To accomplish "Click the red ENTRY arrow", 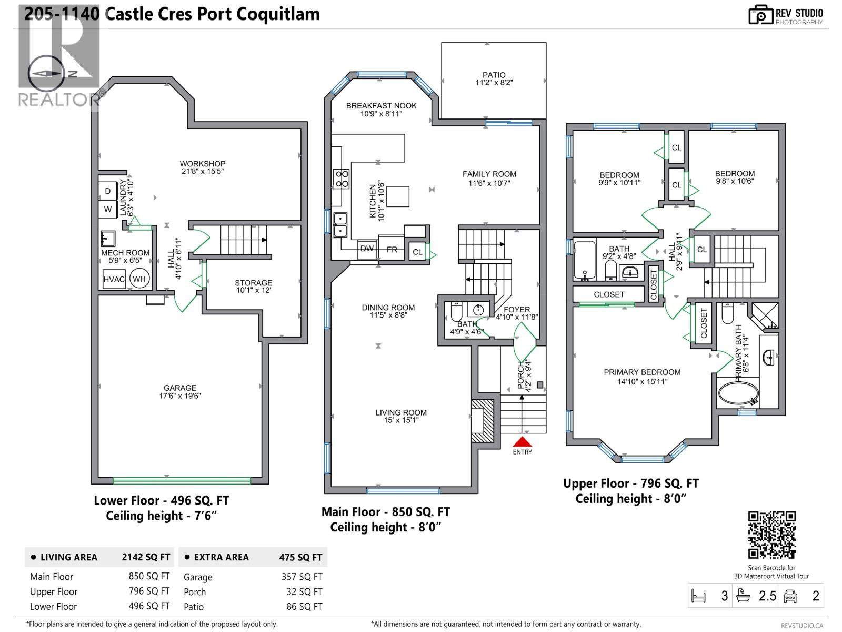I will pyautogui.click(x=522, y=441).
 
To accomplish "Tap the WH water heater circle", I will pyautogui.click(x=139, y=279).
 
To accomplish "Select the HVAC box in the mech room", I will pyautogui.click(x=114, y=279).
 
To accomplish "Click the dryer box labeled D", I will pyautogui.click(x=108, y=191).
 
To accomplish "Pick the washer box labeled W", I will pyautogui.click(x=108, y=209).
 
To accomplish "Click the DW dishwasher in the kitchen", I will pyautogui.click(x=367, y=249).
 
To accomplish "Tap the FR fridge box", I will pyautogui.click(x=392, y=250).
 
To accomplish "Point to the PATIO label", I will pyautogui.click(x=494, y=75).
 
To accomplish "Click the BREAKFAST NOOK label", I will pyautogui.click(x=381, y=106).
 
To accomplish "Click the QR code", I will pyautogui.click(x=771, y=535).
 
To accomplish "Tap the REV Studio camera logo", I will pyautogui.click(x=761, y=15).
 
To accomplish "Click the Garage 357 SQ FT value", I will pyautogui.click(x=302, y=577).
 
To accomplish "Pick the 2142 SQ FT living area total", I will pyautogui.click(x=146, y=557).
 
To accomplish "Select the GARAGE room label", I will pyautogui.click(x=180, y=388).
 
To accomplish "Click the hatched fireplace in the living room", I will pyautogui.click(x=482, y=420).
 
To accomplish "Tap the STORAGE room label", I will pyautogui.click(x=253, y=283).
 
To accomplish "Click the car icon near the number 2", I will pyautogui.click(x=790, y=596).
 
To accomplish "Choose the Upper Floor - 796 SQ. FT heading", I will pyautogui.click(x=630, y=483).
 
